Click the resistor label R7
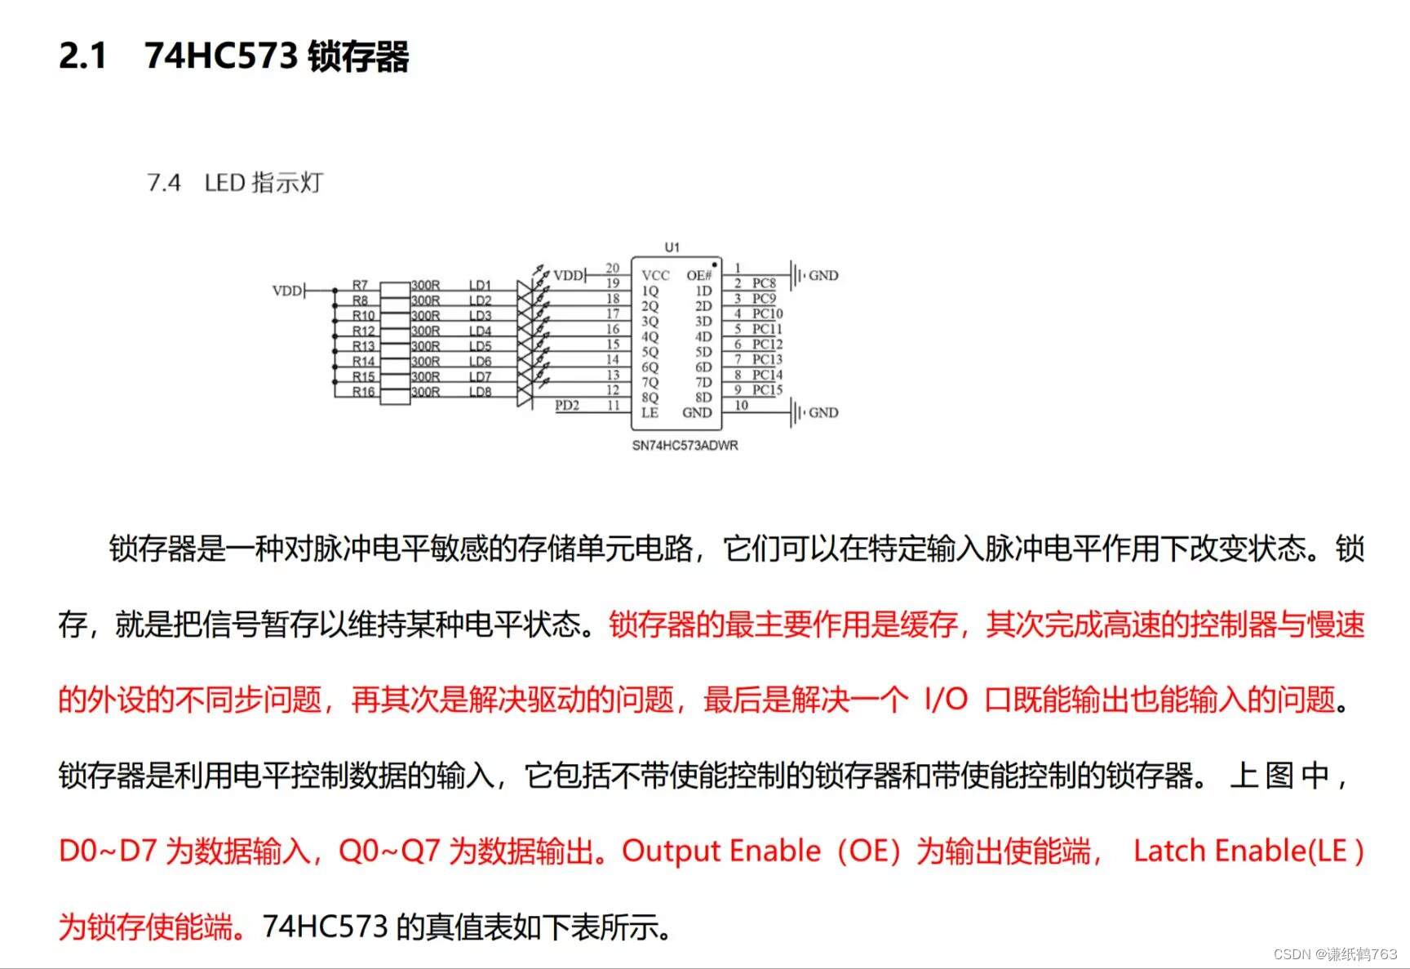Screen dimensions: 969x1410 click(360, 285)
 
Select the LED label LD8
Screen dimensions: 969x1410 click(480, 392)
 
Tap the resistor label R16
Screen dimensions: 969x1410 click(363, 392)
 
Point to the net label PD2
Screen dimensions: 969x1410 click(567, 406)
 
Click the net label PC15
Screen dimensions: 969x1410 click(767, 390)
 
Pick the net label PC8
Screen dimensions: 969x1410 click(764, 283)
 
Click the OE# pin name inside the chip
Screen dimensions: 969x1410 click(699, 276)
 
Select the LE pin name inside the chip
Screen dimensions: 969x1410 click(650, 413)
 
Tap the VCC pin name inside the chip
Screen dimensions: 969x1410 click(655, 276)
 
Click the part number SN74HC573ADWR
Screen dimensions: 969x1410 click(685, 446)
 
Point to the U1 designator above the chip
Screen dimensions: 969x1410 click(672, 247)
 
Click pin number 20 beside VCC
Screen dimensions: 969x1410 click(612, 269)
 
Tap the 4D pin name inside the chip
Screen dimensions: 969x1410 click(703, 337)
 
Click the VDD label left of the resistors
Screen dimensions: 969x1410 click(287, 291)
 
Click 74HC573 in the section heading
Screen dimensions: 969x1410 click(221, 56)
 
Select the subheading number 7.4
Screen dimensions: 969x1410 click(164, 183)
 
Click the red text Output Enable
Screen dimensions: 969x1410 click(721, 851)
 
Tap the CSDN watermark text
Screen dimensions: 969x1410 click(1335, 954)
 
